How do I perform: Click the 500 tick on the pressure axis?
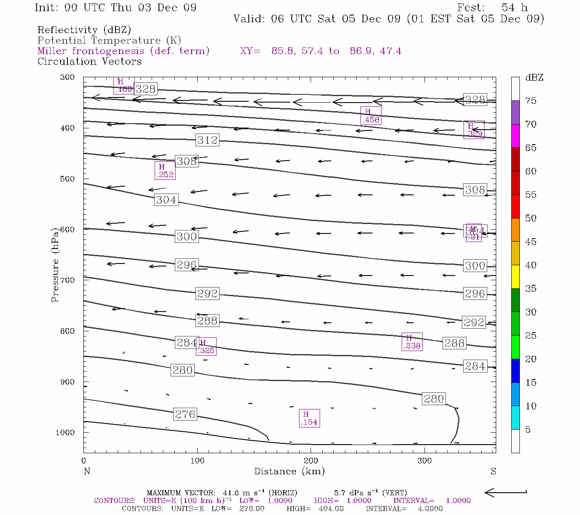(x=67, y=179)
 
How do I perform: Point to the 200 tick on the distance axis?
(x=311, y=460)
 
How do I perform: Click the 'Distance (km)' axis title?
(x=289, y=471)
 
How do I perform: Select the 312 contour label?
(x=208, y=140)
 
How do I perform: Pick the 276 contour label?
(x=185, y=414)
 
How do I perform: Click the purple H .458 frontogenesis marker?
(x=371, y=116)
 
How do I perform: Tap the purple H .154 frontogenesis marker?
(x=309, y=418)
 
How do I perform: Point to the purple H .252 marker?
(x=165, y=170)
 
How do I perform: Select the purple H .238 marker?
(x=412, y=342)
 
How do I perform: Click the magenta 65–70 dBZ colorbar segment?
(x=515, y=136)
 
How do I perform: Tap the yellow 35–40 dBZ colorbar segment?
(x=515, y=277)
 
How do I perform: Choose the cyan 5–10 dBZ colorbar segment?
(x=515, y=418)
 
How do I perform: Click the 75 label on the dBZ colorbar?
(x=531, y=101)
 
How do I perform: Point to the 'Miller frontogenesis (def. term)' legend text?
(x=123, y=51)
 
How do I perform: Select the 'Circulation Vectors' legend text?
(x=89, y=61)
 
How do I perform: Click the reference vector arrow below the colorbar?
(x=506, y=493)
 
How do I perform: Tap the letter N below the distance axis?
(x=87, y=471)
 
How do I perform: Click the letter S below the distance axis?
(x=493, y=471)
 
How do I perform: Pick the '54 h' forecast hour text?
(x=514, y=8)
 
